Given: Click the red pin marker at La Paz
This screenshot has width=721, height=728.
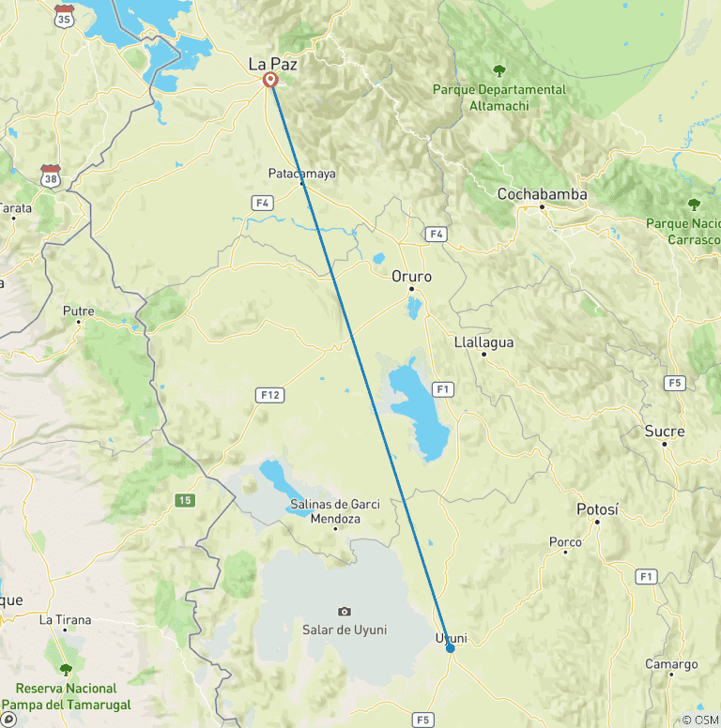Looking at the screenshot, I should [x=270, y=81].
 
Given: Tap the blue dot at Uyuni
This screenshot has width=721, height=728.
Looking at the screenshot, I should [x=451, y=647].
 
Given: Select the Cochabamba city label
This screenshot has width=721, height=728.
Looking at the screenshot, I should [x=542, y=194].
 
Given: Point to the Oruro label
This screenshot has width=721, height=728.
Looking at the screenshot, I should [x=412, y=277].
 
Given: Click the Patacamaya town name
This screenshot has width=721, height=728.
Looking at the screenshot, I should [x=301, y=174].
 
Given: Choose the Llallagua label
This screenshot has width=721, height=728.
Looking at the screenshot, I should [x=483, y=342].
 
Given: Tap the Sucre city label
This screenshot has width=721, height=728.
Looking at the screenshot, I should [x=665, y=432].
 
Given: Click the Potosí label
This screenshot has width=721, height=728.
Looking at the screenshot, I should [x=597, y=509].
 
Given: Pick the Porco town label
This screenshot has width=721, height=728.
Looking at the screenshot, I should [x=565, y=541].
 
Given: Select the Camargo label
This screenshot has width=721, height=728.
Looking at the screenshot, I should [x=671, y=664].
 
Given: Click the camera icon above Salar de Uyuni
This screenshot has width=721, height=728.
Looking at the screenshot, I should [x=345, y=612].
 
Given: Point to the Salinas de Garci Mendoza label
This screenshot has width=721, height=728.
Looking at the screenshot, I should [x=335, y=511].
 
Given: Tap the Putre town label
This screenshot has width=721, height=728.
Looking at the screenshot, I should [x=78, y=311].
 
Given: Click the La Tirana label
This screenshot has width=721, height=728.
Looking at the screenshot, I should [x=65, y=620].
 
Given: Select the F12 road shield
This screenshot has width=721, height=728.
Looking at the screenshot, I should [x=269, y=396].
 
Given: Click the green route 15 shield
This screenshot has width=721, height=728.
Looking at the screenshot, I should [x=185, y=500].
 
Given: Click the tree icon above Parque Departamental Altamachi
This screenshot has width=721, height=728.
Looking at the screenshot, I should [x=499, y=70].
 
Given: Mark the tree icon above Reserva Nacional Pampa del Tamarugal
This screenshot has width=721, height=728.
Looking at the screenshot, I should [x=66, y=670].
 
